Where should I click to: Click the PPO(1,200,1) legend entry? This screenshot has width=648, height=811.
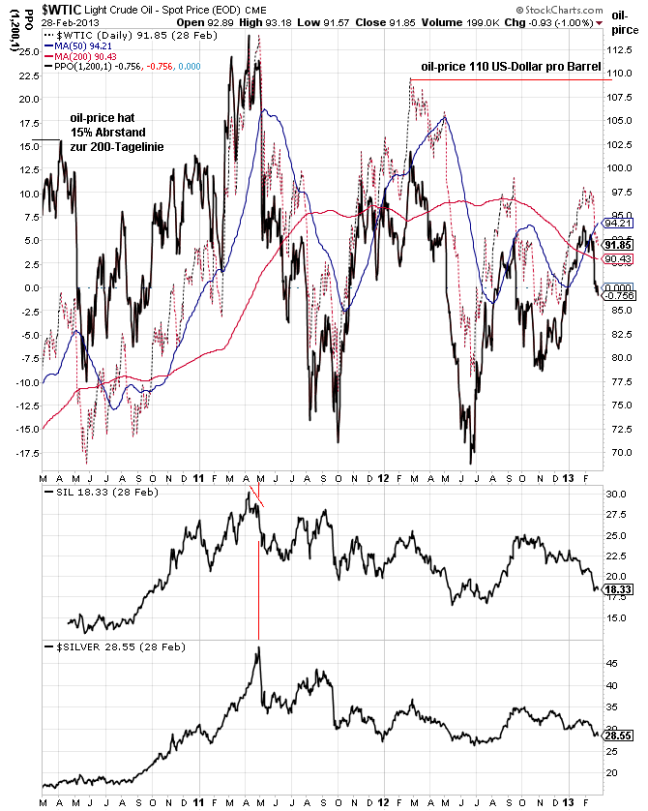point(126,67)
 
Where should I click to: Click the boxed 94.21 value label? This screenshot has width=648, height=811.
point(618,223)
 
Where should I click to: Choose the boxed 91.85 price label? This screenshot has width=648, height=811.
point(618,245)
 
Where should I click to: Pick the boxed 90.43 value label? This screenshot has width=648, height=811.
point(618,258)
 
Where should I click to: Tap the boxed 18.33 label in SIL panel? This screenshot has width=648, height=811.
point(618,588)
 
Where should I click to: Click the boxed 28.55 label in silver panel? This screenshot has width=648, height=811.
point(618,736)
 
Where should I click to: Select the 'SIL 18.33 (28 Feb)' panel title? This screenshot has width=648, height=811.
point(101,494)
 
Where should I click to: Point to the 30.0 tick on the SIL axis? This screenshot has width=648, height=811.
point(616,495)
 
